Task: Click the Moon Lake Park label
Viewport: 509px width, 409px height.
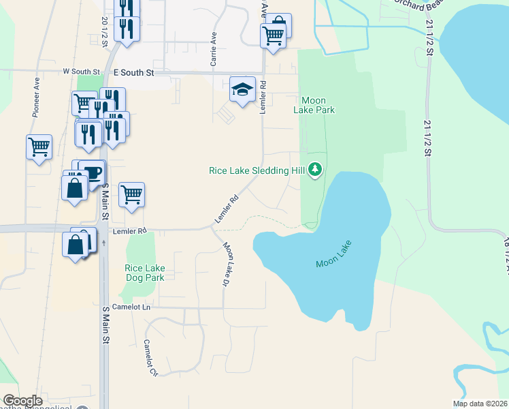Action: (314, 105)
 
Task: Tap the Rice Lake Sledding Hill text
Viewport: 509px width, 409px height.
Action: (256, 170)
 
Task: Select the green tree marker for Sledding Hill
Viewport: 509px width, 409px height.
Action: (314, 169)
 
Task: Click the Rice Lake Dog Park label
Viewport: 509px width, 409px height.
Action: (145, 273)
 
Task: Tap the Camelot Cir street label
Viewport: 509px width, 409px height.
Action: (150, 358)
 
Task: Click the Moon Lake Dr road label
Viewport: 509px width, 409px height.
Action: (228, 265)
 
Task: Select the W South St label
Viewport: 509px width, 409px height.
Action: (81, 71)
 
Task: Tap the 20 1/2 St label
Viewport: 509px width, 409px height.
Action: (105, 31)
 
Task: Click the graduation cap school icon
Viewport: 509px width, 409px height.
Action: (242, 89)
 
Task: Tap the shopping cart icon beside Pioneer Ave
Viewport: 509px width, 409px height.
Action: (39, 147)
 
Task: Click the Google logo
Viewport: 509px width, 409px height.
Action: (22, 401)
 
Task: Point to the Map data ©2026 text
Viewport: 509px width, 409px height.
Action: (480, 404)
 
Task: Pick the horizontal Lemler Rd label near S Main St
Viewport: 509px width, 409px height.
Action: (129, 231)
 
